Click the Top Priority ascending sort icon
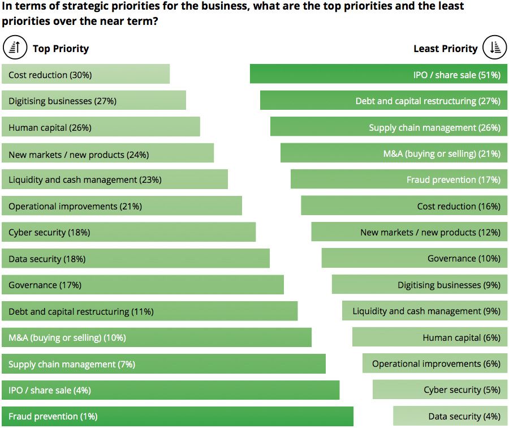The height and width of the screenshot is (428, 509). pyautogui.click(x=15, y=48)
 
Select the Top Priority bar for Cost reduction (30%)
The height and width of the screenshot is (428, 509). pyautogui.click(x=85, y=74)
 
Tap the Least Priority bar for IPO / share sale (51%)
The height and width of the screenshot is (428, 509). pyautogui.click(x=378, y=74)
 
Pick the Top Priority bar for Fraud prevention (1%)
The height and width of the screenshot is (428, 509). pyautogui.click(x=177, y=416)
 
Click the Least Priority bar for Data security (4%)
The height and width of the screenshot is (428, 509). pyautogui.click(x=450, y=416)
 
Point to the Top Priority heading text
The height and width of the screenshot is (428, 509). pyautogui.click(x=61, y=49)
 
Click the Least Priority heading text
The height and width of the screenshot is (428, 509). pyautogui.click(x=446, y=49)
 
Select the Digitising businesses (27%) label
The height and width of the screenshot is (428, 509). pyautogui.click(x=62, y=101)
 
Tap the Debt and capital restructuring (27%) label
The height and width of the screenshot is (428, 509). pyautogui.click(x=428, y=101)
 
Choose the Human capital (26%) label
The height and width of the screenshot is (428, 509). pyautogui.click(x=50, y=127)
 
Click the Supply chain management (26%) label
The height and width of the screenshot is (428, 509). pyautogui.click(x=434, y=127)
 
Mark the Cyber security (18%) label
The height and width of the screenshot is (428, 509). pyautogui.click(x=49, y=232)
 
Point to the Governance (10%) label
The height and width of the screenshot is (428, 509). pyautogui.click(x=464, y=258)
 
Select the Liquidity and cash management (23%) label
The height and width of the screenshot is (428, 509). pyautogui.click(x=85, y=179)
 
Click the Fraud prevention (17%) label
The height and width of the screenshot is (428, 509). pyautogui.click(x=453, y=179)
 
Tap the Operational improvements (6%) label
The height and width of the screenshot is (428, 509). pyautogui.click(x=436, y=363)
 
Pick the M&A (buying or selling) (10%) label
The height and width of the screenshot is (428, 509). pyautogui.click(x=67, y=337)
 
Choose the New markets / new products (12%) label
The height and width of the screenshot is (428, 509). pyautogui.click(x=430, y=232)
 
